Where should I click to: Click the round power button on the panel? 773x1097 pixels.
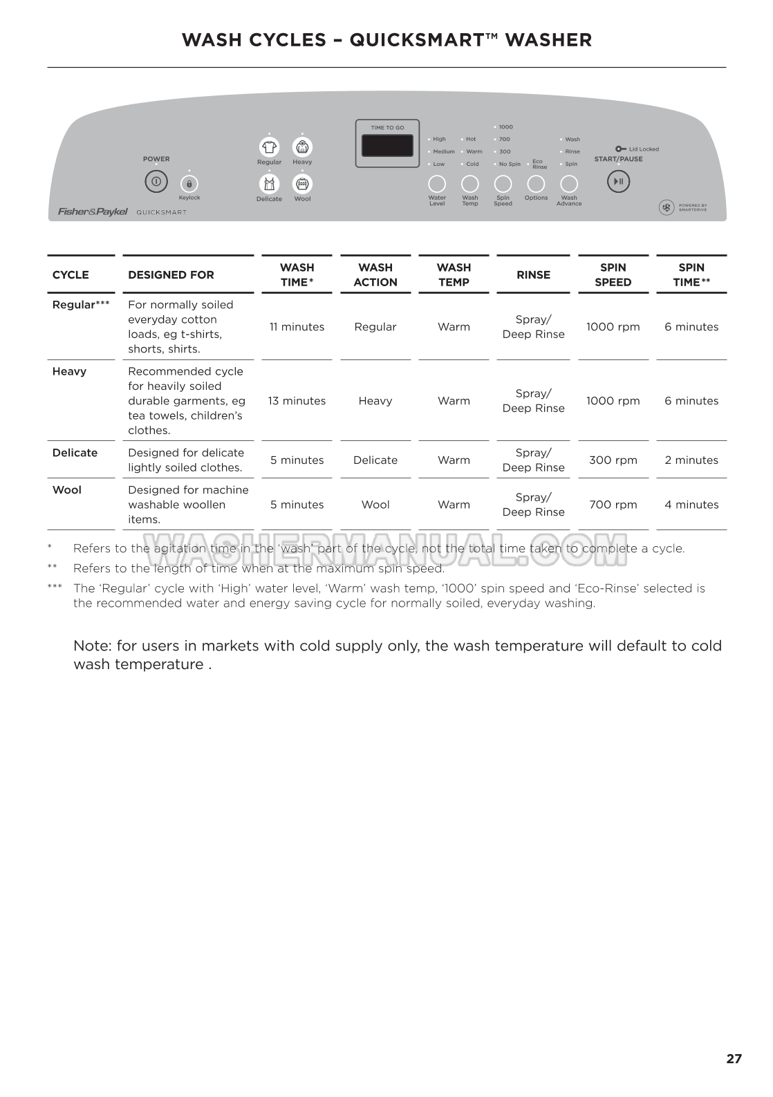coord(156,182)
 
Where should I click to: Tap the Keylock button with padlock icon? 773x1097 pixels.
coord(189,184)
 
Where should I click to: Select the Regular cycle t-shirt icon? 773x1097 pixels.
coord(269,147)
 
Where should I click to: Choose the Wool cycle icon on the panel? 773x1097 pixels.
coord(302,183)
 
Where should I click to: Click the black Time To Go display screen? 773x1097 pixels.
coord(387,146)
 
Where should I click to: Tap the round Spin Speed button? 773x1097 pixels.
coord(503,183)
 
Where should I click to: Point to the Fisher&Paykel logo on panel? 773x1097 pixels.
coord(93,212)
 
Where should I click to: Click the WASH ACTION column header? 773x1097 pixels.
coord(375,275)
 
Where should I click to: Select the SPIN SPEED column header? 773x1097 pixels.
coord(613,275)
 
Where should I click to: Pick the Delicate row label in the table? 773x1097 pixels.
coord(75,453)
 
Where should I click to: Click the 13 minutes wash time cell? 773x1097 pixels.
coord(297,401)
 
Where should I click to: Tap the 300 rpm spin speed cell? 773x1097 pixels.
coord(613,460)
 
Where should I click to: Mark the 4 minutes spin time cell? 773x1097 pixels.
coord(691,505)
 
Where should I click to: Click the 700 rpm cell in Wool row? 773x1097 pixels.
coord(613,505)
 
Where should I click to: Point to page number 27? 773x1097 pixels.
coord(734,1059)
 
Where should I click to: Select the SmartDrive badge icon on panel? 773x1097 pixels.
coord(667,207)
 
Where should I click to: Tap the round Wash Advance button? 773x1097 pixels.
coord(568,183)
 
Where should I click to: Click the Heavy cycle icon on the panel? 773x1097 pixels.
coord(302,147)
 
